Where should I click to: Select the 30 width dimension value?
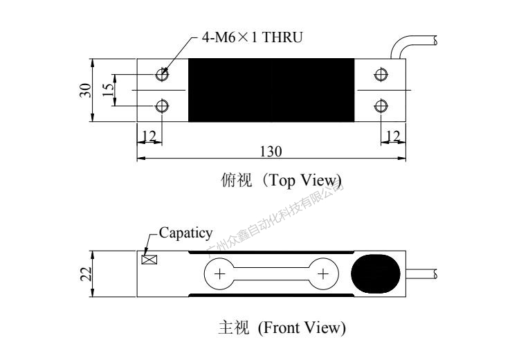pos(84,90)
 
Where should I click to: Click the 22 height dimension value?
pos(84,273)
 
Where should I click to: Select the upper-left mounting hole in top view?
pos(162,74)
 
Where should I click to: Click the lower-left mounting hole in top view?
pos(162,105)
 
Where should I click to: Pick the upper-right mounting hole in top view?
pos(380,74)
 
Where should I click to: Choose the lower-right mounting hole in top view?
pos(380,105)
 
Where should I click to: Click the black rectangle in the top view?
pos(271,90)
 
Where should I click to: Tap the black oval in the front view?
pos(377,274)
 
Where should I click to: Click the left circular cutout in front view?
pos(220,274)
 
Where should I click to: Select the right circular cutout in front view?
pos(322,274)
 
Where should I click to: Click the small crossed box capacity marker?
pos(148,260)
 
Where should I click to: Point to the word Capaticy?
pos(186,233)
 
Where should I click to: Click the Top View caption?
pos(280,181)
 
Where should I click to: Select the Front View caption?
pos(281,327)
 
